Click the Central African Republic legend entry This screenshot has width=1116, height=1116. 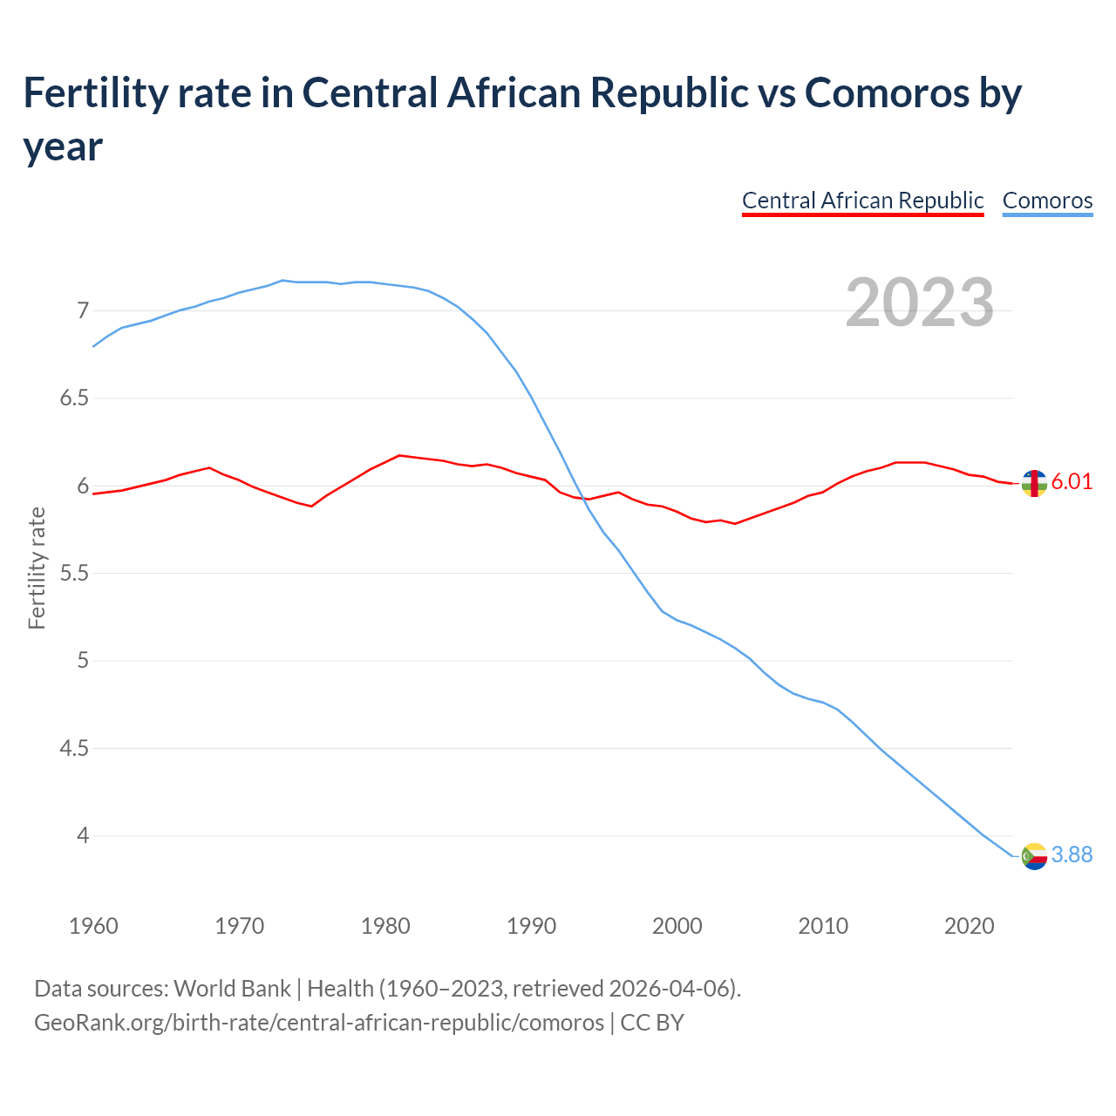click(x=862, y=201)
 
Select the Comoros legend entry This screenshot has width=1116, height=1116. click(x=1047, y=201)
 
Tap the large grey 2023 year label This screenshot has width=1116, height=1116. click(x=920, y=303)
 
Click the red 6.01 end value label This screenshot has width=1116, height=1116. click(x=1072, y=482)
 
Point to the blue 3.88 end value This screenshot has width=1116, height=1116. click(x=1072, y=855)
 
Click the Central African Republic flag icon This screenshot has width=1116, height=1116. click(x=1034, y=483)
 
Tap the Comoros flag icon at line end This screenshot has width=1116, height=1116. click(x=1034, y=856)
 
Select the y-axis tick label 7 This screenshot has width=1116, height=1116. click(x=83, y=311)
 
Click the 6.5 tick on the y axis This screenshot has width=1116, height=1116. click(x=75, y=398)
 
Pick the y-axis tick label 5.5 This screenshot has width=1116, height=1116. click(x=75, y=574)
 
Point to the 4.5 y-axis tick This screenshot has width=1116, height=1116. click(x=75, y=749)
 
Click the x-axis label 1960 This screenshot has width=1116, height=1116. click(x=93, y=926)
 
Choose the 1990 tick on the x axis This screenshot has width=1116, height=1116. click(x=531, y=926)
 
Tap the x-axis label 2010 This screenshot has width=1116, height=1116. click(x=823, y=926)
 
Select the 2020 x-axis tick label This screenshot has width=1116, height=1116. click(x=969, y=926)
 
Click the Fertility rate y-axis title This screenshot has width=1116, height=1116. click(x=37, y=568)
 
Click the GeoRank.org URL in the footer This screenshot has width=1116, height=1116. click(x=319, y=1022)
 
